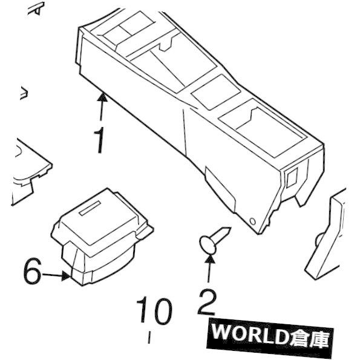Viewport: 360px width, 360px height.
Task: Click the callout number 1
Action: click(x=99, y=140)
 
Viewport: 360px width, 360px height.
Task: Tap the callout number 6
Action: click(x=33, y=271)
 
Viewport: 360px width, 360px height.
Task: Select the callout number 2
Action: click(x=207, y=302)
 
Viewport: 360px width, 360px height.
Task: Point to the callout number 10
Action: click(x=154, y=310)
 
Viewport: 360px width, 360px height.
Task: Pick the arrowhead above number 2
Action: click(x=210, y=259)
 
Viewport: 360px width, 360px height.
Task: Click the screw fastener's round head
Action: click(x=208, y=245)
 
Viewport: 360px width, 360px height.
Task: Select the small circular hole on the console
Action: click(x=252, y=221)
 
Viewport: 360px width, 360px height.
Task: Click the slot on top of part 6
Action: click(x=90, y=208)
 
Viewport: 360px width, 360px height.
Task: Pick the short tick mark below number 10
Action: click(x=149, y=337)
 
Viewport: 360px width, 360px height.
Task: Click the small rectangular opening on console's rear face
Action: click(x=291, y=177)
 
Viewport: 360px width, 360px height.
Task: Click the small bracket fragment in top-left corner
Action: click(x=37, y=9)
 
